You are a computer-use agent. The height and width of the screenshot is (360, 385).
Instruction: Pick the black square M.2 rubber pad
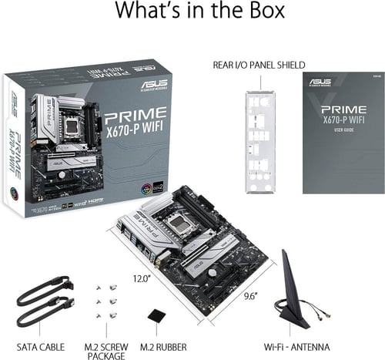point(156,315)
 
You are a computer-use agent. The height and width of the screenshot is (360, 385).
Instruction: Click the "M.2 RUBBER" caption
point(158,346)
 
